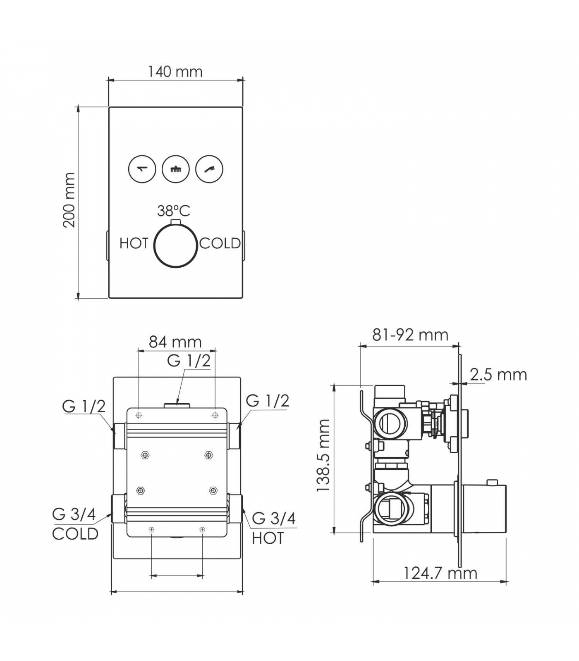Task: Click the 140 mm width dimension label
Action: (x=175, y=71)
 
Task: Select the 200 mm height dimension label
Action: (x=69, y=200)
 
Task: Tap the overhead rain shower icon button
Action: (x=176, y=169)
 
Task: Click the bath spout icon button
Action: (x=142, y=169)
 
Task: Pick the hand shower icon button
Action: (x=209, y=169)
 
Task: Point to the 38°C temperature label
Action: (x=174, y=211)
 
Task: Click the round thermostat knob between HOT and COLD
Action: (x=175, y=245)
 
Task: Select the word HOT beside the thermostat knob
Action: (x=134, y=243)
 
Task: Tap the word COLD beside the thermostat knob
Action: (x=220, y=243)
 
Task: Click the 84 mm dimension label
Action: (x=175, y=342)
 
